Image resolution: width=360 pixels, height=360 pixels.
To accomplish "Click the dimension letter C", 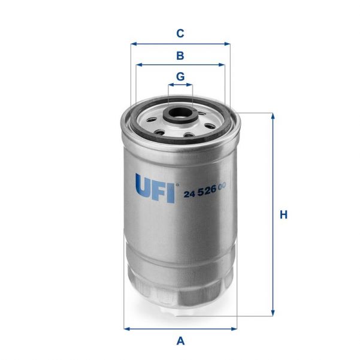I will pos(180,34).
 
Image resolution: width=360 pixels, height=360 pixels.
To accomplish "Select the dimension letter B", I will pos(180,56).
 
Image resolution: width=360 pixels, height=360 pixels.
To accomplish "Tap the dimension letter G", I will pos(180,76).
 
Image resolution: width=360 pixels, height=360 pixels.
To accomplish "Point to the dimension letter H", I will pos(285,214).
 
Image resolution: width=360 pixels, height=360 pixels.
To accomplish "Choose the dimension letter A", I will pos(180,341).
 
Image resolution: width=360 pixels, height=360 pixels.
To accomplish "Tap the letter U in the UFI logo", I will pos(144,189).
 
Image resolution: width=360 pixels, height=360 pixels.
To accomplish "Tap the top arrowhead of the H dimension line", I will pos(273,115).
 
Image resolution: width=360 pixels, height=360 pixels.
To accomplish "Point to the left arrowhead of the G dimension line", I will pos(170,85).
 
